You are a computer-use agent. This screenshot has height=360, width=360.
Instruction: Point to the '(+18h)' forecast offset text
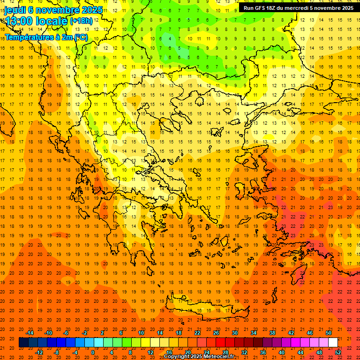81,22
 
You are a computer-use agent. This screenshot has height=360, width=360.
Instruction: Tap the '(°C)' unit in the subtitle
80,37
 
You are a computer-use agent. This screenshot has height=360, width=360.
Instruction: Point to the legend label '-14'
30,333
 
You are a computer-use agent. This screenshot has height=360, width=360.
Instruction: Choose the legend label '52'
338,352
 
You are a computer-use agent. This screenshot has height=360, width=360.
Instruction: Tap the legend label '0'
93,352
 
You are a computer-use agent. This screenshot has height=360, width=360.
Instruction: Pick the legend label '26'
216,333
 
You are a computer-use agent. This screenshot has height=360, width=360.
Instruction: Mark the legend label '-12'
39,352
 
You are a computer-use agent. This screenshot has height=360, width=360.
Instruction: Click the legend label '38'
272,333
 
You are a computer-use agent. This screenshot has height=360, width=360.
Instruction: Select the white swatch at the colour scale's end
333,342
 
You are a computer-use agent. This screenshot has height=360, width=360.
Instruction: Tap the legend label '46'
310,333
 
